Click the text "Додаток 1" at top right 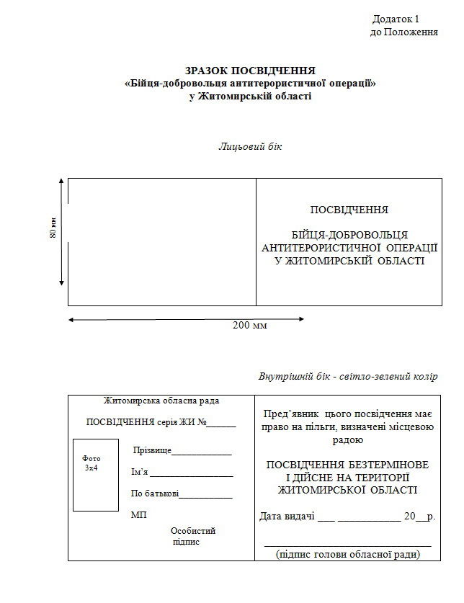point(396,18)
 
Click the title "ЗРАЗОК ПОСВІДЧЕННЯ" point(250,71)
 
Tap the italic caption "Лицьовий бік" point(250,147)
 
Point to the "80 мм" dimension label point(53,228)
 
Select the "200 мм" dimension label point(250,325)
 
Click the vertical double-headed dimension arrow point(62,234)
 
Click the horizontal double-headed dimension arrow point(186,318)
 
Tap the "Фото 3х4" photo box point(95,474)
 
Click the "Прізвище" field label point(152,450)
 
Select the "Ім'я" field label point(140,473)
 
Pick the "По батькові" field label point(154,494)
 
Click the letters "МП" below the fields point(138,515)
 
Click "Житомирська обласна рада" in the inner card point(161,401)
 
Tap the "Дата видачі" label point(286,516)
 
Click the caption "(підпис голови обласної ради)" point(348,554)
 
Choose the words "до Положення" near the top point(403,32)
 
